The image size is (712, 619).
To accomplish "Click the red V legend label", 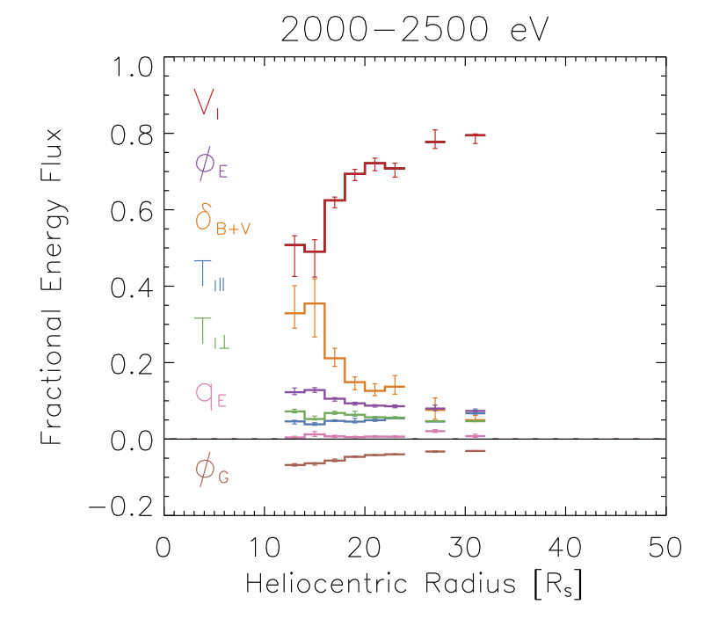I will click(x=208, y=104).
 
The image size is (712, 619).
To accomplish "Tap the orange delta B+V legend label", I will click(x=216, y=220).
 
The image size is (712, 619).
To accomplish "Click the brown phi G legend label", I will click(x=212, y=472).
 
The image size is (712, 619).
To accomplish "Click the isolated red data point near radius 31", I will click(x=476, y=135).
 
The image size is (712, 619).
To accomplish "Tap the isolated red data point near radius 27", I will click(x=435, y=142).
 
